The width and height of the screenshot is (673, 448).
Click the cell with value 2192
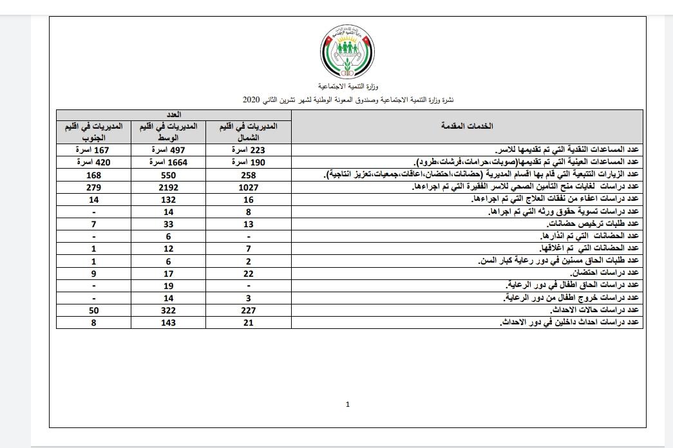point(169,187)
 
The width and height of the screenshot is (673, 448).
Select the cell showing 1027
point(248,187)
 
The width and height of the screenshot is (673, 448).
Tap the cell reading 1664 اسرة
point(169,163)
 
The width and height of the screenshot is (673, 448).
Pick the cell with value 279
point(93,187)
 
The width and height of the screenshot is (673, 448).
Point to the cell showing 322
point(169,310)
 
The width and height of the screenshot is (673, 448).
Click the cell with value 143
point(169,322)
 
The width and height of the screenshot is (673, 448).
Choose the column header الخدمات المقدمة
point(466,127)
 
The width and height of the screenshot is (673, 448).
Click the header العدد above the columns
point(173,114)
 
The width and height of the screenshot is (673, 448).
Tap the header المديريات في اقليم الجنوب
point(93,131)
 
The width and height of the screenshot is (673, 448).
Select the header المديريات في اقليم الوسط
point(169,131)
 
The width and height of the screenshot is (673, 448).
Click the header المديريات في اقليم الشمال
point(248,131)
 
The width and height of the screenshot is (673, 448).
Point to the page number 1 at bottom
point(348,404)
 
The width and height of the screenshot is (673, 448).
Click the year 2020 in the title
point(251,100)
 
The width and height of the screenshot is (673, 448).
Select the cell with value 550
point(169,175)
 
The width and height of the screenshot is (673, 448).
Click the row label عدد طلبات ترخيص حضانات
point(592,224)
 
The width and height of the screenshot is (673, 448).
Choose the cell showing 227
point(248,310)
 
